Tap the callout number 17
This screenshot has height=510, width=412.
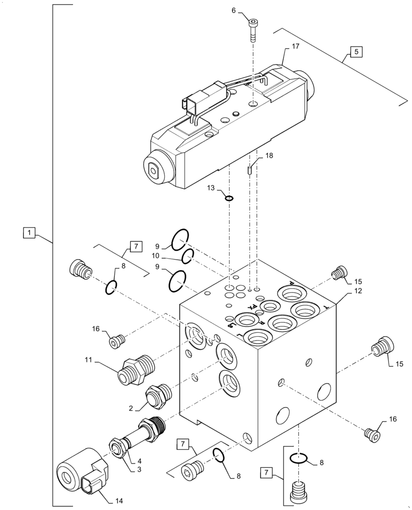point(295,46)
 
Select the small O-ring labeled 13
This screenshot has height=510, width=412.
point(229,198)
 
